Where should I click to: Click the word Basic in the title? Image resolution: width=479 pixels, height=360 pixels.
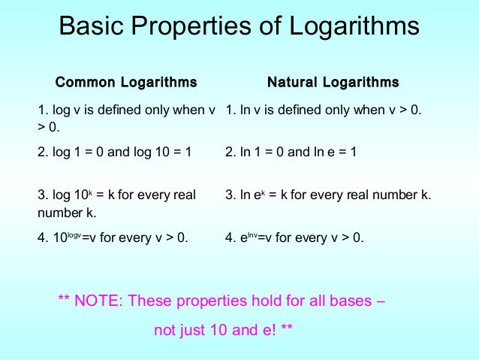tap(94, 27)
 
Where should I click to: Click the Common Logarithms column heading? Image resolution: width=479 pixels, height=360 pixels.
tap(126, 82)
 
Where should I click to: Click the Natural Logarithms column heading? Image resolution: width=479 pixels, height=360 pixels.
tap(333, 82)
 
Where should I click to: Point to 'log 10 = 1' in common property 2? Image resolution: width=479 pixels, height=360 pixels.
tap(159, 152)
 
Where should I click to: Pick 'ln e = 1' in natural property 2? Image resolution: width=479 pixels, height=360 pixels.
tap(334, 152)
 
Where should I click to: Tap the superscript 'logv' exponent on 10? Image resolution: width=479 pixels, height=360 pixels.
tap(74, 235)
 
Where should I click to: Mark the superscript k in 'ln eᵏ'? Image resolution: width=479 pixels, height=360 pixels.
tap(265, 192)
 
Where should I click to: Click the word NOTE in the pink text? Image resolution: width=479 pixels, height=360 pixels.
tap(97, 301)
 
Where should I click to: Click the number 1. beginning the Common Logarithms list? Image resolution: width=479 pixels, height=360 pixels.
tap(42, 110)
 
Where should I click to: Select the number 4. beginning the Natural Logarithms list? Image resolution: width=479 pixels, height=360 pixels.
tap(230, 238)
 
